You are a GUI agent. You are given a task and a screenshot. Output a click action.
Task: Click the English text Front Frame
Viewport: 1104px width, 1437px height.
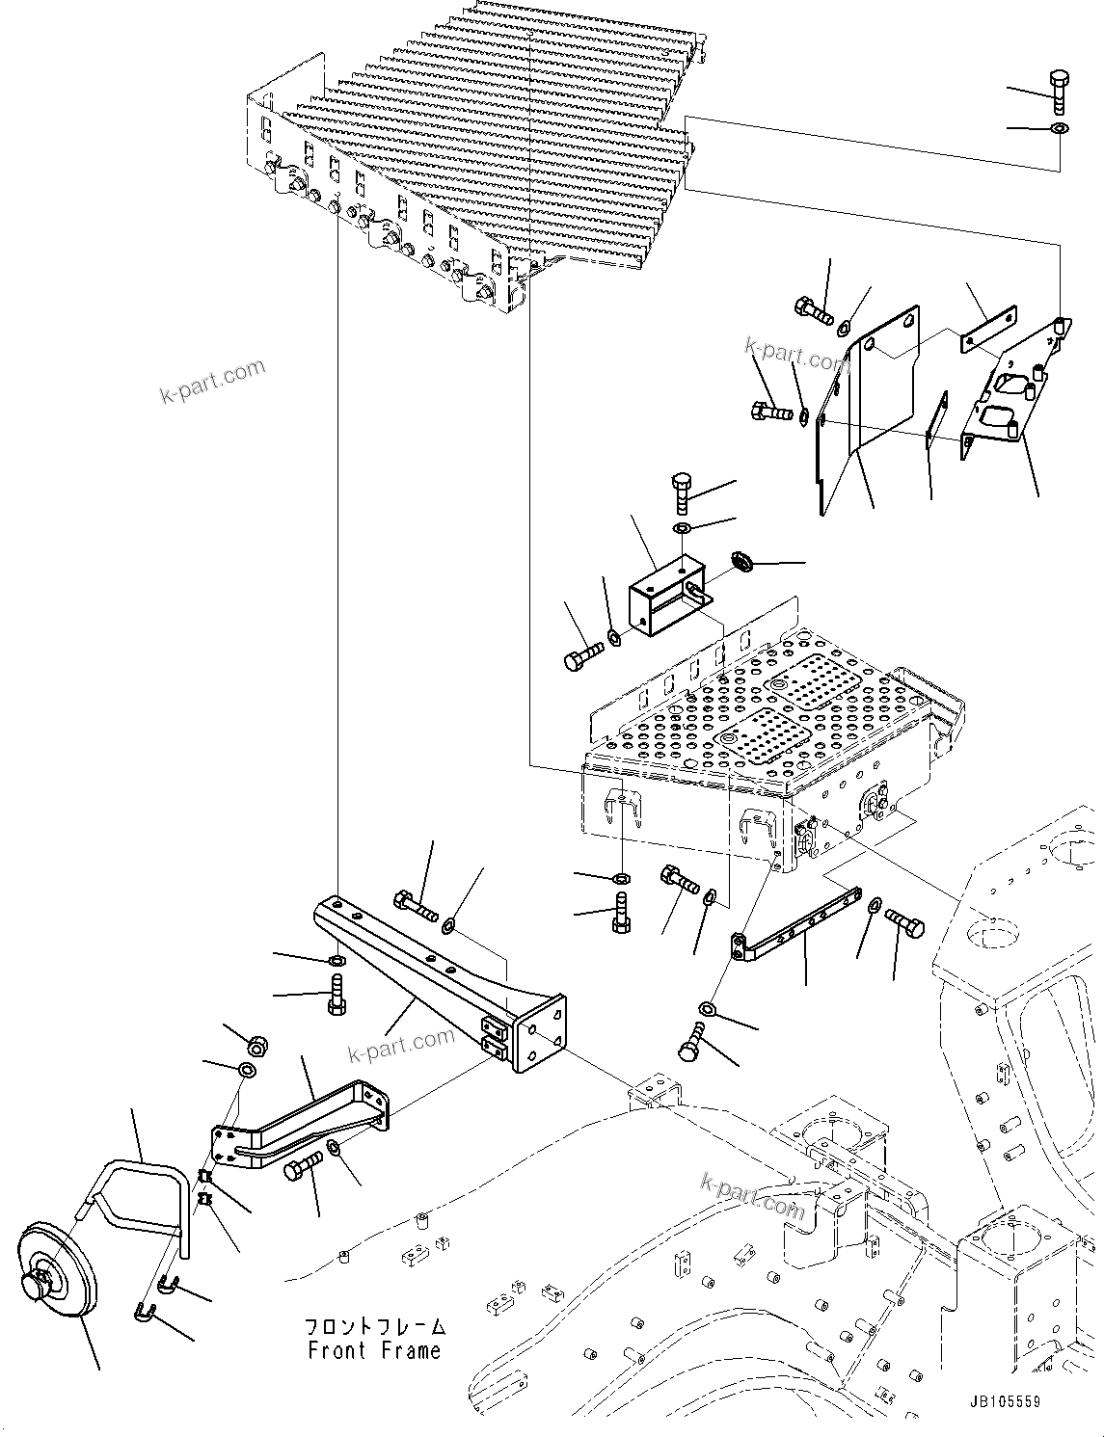click(x=374, y=1350)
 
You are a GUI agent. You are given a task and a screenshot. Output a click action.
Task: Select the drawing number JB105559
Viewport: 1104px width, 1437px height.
click(x=1001, y=1402)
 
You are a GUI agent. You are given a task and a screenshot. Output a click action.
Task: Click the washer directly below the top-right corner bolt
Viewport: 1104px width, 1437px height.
click(x=1060, y=128)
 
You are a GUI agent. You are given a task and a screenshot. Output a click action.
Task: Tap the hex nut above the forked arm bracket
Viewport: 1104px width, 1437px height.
click(x=258, y=1044)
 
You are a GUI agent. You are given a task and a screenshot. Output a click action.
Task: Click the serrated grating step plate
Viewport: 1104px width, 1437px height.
click(x=482, y=145)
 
